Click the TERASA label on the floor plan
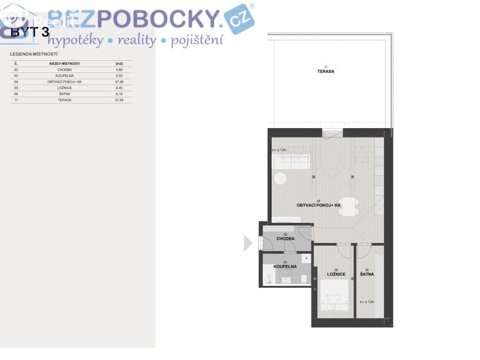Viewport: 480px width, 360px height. pos(326,71)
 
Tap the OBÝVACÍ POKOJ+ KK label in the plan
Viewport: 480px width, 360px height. pos(319,205)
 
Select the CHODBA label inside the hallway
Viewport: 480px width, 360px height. pos(285,238)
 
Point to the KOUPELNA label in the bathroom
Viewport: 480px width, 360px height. pos(285,266)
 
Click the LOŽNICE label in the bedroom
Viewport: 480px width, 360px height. pos(336,274)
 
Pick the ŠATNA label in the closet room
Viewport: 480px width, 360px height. pos(367,274)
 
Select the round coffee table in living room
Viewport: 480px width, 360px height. pos(281,179)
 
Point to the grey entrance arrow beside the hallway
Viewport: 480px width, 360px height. pos(248,243)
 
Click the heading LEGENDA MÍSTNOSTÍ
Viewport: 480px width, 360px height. pos(34,54)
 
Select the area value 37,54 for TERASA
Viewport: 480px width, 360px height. pos(119,101)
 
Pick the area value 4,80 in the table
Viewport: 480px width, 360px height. pos(119,70)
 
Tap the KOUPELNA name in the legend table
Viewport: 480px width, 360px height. pos(64,76)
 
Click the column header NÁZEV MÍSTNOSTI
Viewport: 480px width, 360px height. pos(64,64)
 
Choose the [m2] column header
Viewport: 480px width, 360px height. pos(119,64)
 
